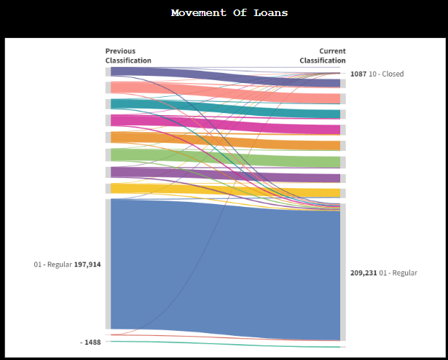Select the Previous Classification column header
128,56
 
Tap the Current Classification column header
323,56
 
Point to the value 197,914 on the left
87,265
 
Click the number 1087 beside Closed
358,74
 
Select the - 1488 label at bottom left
90,342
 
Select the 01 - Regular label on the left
52,265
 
